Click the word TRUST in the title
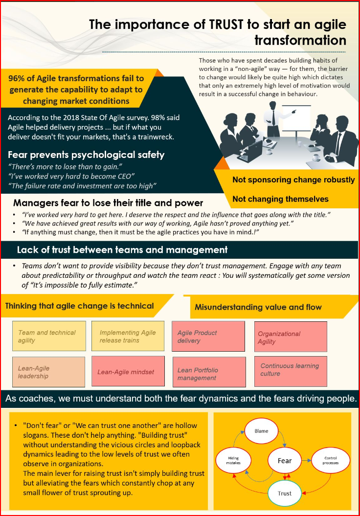click(x=226, y=24)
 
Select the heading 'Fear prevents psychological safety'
click(x=86, y=155)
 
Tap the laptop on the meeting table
click(x=251, y=151)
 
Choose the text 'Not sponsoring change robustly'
click(x=293, y=179)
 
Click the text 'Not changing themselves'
click(x=280, y=199)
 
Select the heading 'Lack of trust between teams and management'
click(x=122, y=250)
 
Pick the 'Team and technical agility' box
click(x=49, y=336)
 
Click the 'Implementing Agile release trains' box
click(x=128, y=336)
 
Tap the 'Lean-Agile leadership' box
click(x=49, y=372)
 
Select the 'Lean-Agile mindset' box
click(x=128, y=371)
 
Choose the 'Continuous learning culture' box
click(x=291, y=371)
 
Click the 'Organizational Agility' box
click(x=291, y=337)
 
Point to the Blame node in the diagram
click(x=261, y=431)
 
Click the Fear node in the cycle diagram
click(x=285, y=461)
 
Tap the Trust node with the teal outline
click(x=285, y=494)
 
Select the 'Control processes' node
click(x=330, y=460)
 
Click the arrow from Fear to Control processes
click(x=307, y=460)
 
